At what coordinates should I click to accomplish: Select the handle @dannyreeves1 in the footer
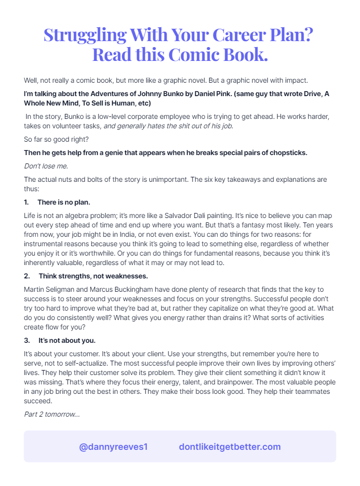click(114, 447)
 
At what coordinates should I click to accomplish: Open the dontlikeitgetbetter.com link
click(230, 447)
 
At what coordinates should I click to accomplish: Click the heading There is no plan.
click(63, 203)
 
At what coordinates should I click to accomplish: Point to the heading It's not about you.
click(67, 340)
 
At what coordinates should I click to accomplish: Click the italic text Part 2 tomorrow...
click(52, 414)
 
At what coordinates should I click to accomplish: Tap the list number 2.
click(26, 275)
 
